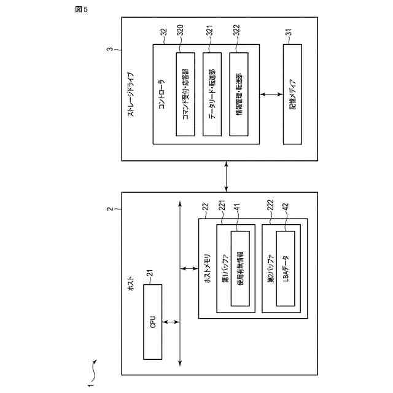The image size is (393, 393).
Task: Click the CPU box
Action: (154, 321)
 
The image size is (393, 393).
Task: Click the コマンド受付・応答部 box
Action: (185, 93)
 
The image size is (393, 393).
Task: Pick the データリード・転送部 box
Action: (212, 93)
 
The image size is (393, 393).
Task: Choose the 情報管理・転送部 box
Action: (239, 93)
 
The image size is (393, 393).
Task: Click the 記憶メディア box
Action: (292, 93)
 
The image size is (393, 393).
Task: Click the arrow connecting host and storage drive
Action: (227, 177)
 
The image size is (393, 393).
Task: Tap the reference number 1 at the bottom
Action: (90, 385)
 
